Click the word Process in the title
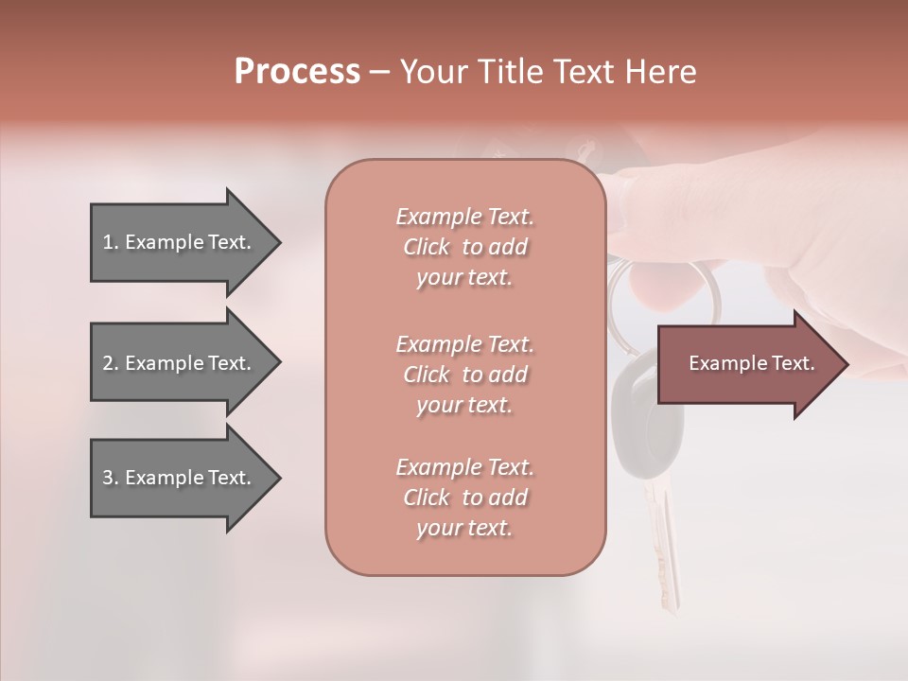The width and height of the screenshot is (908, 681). point(297,72)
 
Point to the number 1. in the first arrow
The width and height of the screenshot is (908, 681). point(111,242)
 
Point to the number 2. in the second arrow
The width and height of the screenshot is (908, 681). point(111,363)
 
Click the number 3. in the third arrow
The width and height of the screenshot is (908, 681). point(111,478)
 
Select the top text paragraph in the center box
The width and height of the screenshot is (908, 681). point(464,247)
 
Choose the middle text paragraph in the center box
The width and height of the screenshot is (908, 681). point(464,375)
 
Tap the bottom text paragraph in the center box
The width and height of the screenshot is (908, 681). point(464,498)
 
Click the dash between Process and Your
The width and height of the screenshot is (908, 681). point(380,73)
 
